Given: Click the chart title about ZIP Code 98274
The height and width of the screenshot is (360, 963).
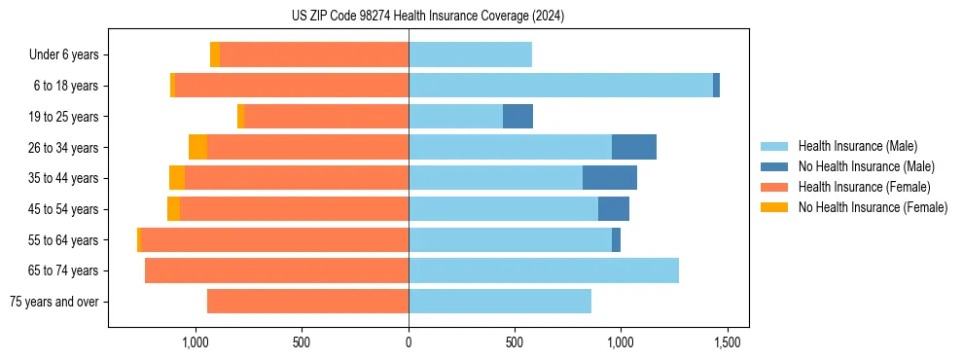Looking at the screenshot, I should point(427,17).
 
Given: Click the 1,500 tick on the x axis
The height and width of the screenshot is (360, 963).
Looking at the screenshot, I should point(728,342).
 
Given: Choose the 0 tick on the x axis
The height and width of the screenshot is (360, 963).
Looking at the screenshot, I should point(409,342).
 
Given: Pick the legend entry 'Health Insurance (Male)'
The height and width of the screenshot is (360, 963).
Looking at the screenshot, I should point(857,146).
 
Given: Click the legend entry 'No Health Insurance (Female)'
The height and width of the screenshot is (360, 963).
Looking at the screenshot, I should point(873,207).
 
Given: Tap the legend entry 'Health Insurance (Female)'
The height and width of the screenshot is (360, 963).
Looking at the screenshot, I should point(864,187).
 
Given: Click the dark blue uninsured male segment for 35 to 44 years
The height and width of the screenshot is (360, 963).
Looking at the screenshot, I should point(610,178).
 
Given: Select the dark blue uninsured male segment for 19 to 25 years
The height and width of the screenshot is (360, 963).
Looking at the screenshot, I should point(517,117).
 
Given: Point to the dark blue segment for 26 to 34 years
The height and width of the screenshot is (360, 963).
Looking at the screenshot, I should point(634,147).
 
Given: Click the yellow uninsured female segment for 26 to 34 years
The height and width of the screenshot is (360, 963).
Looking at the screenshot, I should point(197,147).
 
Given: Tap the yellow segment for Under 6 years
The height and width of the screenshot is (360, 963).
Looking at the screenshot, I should point(215,55).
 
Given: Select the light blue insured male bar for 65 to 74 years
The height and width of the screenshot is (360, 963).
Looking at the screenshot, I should point(544,270).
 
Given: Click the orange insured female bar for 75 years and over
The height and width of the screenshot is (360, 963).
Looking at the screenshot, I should point(307,302).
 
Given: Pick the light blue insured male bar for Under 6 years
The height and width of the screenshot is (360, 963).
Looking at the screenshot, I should point(470,55).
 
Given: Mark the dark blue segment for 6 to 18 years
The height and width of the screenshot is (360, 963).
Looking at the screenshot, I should point(716,86).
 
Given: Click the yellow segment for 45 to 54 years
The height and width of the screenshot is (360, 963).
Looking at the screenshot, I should point(173,209).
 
